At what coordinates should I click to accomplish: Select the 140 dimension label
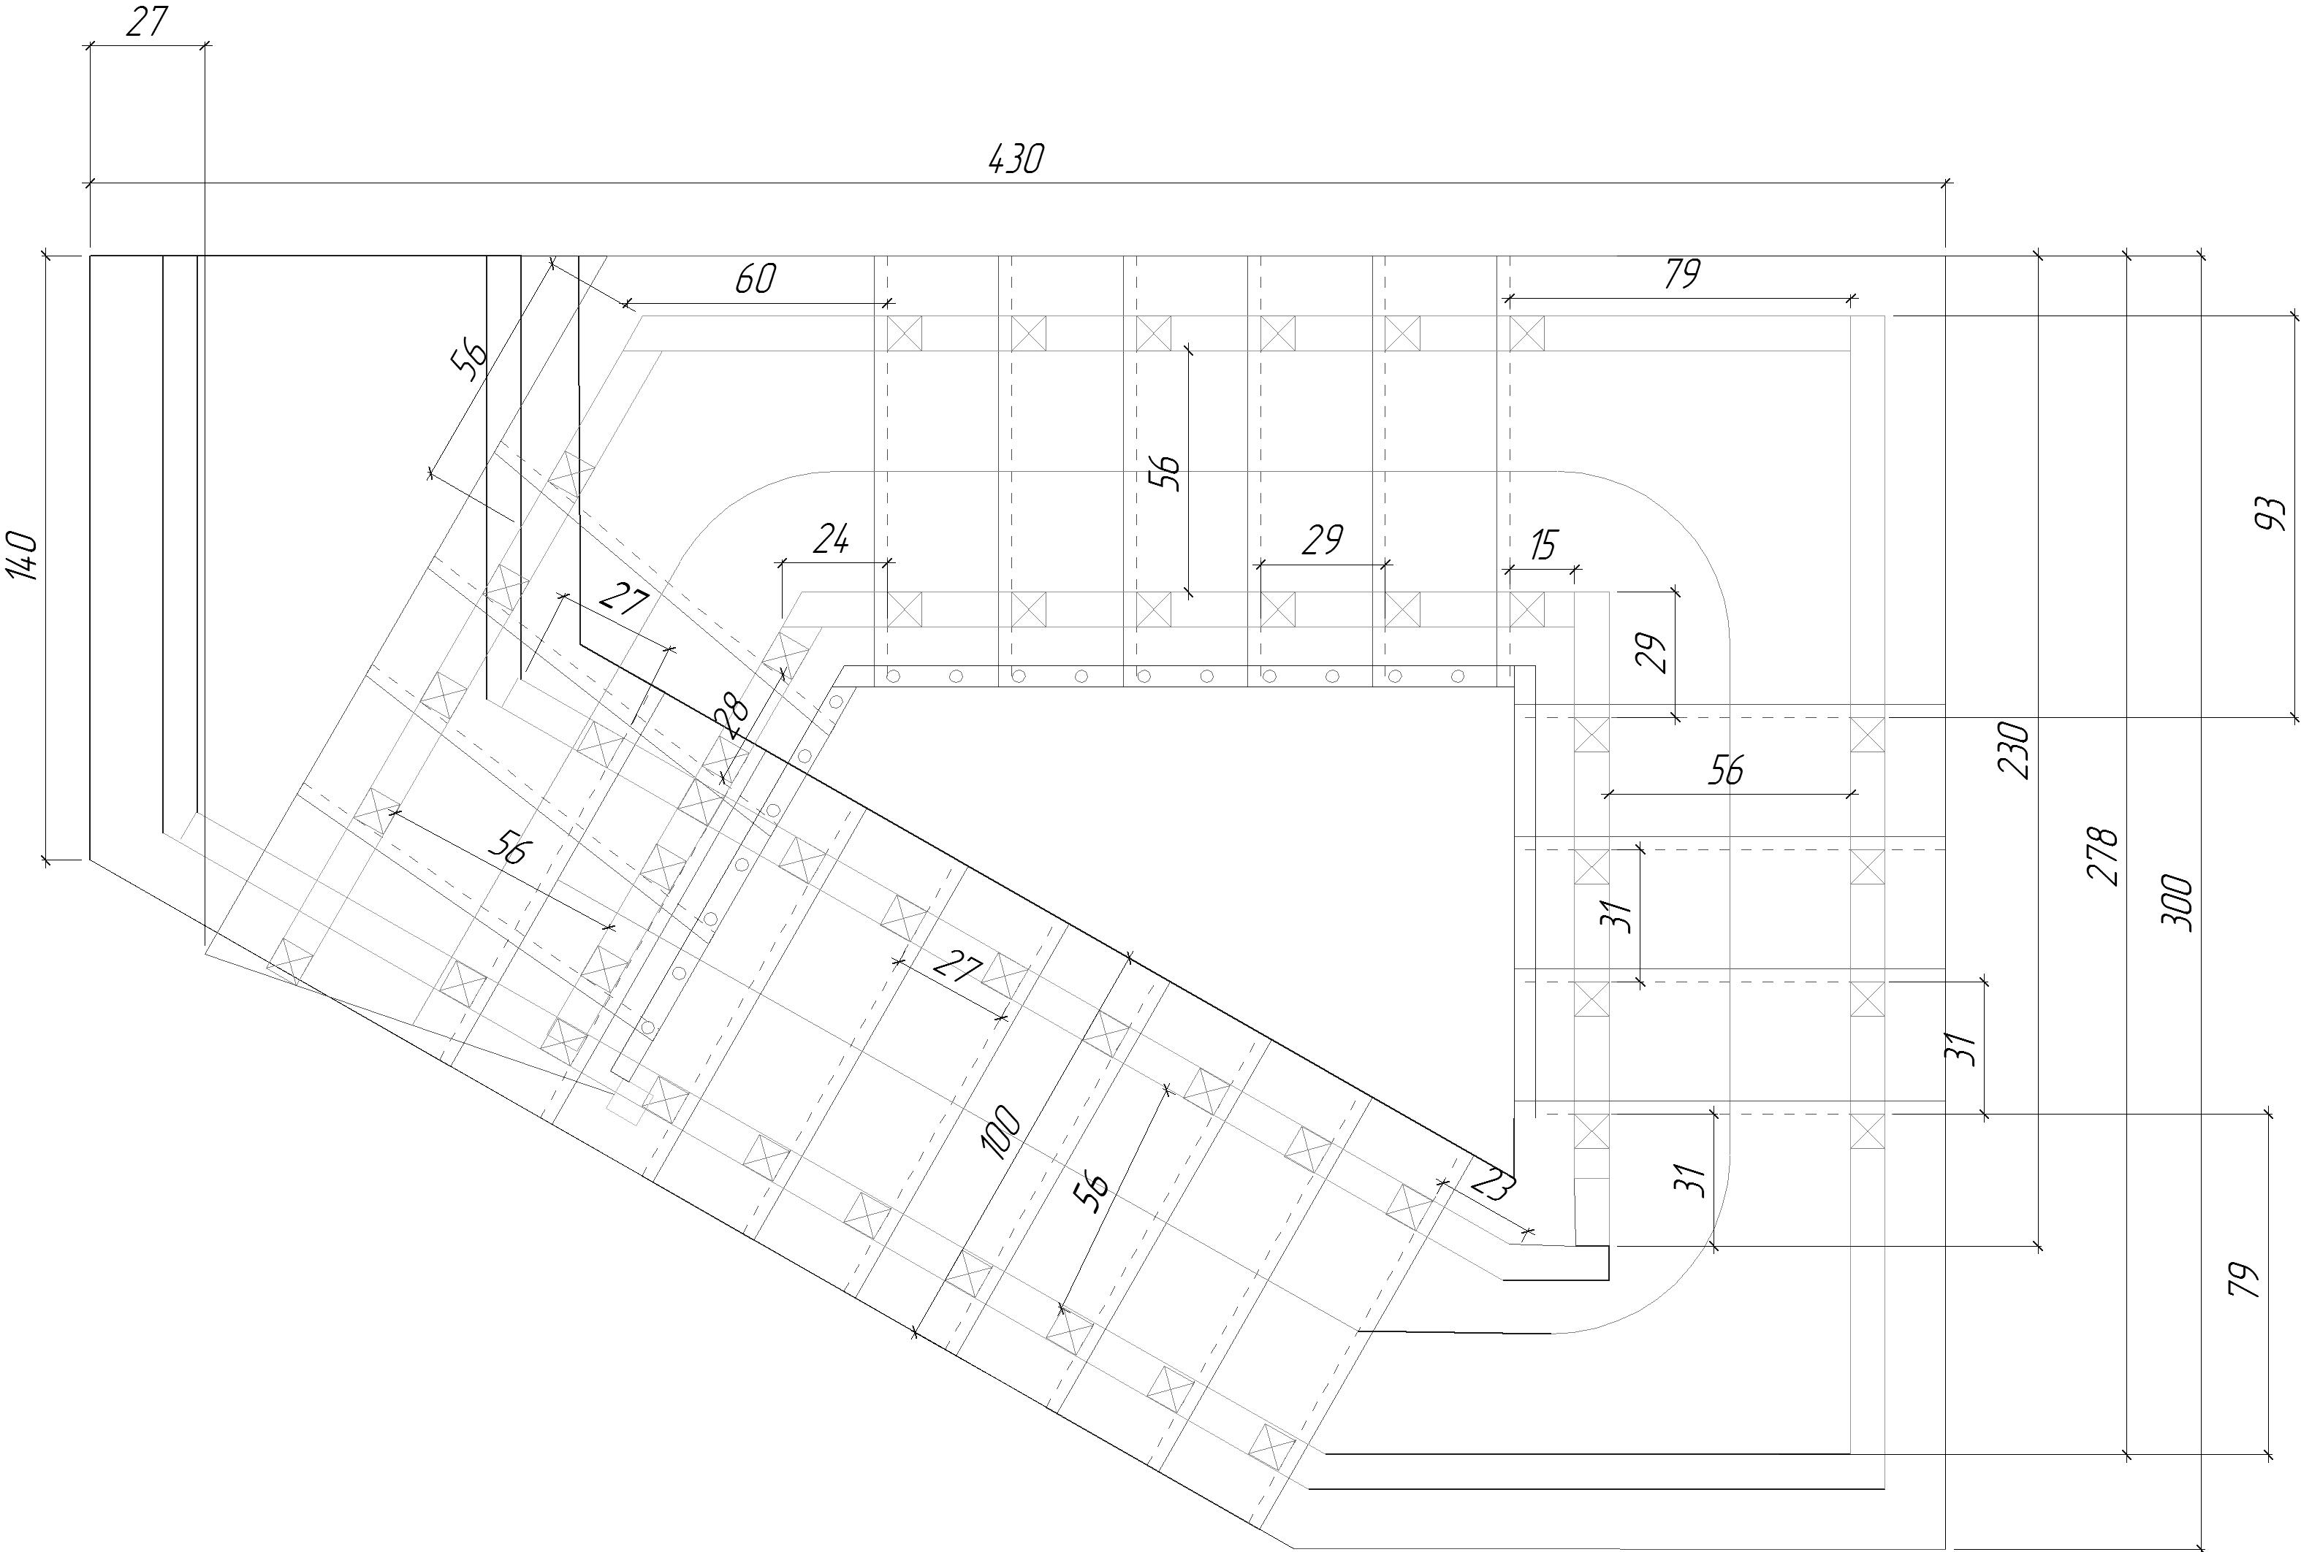point(22,557)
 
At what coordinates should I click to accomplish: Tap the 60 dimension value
point(756,279)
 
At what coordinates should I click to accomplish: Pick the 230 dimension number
point(2014,750)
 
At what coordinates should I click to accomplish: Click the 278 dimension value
point(2102,855)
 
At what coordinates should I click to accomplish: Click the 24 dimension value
point(832,540)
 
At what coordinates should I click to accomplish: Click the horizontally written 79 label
point(1681,273)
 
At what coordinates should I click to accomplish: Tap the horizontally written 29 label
point(1322,540)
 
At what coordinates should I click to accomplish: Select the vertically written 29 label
point(1651,652)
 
